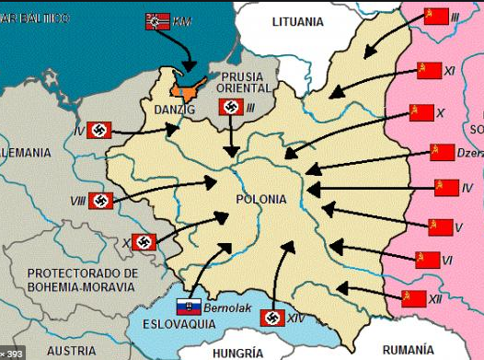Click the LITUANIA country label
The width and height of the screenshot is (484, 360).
[x=309, y=21]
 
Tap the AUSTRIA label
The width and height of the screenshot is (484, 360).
[x=71, y=351]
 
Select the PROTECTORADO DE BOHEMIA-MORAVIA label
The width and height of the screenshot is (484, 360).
[x=83, y=280]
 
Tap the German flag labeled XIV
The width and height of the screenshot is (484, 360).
[x=272, y=318]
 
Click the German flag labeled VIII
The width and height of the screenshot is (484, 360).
[x=101, y=201]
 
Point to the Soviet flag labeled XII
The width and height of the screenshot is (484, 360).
[x=415, y=296]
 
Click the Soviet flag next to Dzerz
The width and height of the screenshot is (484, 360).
[x=443, y=152]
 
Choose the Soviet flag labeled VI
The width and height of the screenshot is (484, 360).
[x=428, y=260]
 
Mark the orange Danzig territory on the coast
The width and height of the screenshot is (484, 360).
[x=188, y=88]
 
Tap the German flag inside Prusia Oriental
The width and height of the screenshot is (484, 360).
[x=232, y=108]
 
